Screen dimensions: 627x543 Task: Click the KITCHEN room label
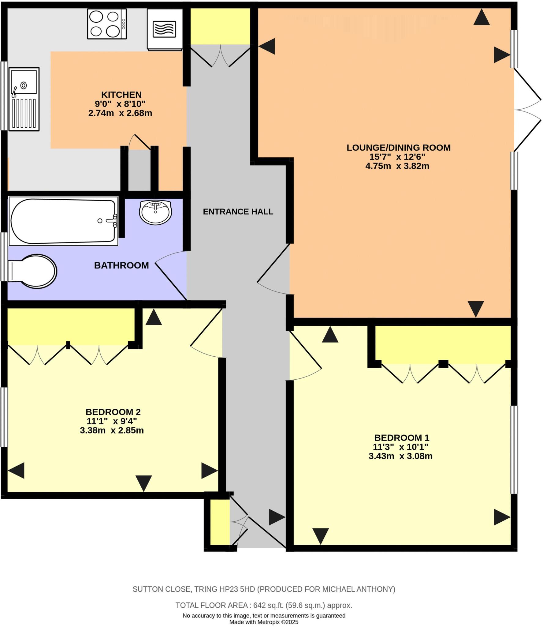[121, 95]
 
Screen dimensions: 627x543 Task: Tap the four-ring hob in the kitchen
[107, 24]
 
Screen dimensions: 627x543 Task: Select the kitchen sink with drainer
[24, 99]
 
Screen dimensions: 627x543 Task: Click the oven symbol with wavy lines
[165, 29]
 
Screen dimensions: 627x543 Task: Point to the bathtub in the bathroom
[63, 221]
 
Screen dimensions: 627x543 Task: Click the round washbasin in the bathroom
[155, 212]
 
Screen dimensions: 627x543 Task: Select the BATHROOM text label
[121, 265]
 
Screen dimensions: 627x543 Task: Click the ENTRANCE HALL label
[238, 212]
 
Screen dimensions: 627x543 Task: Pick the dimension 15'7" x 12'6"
[397, 157]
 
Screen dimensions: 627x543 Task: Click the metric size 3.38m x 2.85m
[112, 430]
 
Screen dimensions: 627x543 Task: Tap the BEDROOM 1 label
[401, 437]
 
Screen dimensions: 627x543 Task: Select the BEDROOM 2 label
[113, 412]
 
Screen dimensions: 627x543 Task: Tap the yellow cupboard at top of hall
[220, 26]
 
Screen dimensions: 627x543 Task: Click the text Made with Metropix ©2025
[264, 622]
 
